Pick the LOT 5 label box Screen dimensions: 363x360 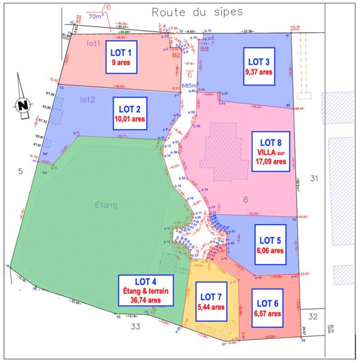click(x=271, y=245)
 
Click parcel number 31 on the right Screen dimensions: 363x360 click(x=314, y=179)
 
